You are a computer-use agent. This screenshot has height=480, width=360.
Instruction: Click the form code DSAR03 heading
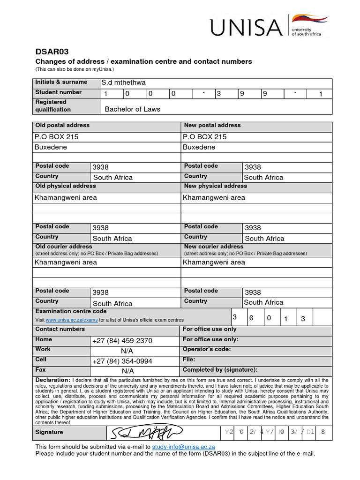point(52,52)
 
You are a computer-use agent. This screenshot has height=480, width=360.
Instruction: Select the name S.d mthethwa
point(124,82)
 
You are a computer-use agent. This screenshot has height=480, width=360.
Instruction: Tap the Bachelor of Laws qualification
point(132,109)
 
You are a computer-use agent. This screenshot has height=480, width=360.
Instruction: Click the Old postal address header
point(62,126)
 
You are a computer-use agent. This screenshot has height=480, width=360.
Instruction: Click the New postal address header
point(212,126)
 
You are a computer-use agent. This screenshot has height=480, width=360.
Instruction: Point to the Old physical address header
point(66,186)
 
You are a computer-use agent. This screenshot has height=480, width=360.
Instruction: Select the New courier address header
point(214,247)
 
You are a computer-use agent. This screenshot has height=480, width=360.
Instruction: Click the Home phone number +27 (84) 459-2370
point(122,341)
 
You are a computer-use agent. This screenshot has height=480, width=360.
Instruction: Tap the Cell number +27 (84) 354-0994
point(122,361)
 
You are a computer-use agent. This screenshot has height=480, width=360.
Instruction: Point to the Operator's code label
point(206,349)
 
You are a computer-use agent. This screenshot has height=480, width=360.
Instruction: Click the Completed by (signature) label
point(220,370)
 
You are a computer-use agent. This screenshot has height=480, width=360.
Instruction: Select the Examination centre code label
point(71,311)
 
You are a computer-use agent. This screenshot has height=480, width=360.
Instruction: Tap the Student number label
point(59,92)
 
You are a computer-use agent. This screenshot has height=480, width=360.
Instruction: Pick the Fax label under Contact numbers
point(41,370)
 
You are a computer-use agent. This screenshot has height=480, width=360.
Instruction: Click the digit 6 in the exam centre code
point(251,318)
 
